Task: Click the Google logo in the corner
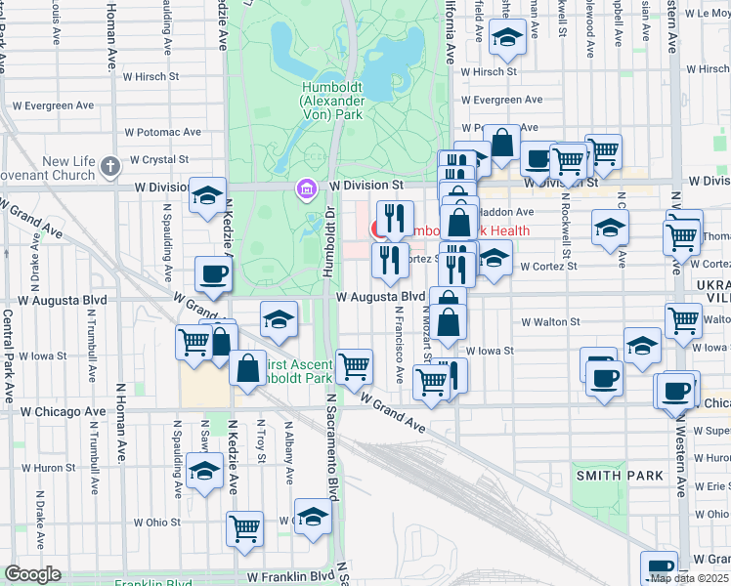pos(32,574)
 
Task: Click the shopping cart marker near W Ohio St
pos(245,527)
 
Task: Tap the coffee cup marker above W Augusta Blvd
pos(213,273)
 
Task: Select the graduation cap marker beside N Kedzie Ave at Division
pos(208,194)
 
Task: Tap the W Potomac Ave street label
pos(163,132)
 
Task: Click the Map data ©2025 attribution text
pos(689,578)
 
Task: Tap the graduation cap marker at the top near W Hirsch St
pos(507,38)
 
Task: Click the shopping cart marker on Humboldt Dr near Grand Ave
pos(354,366)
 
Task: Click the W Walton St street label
pos(550,321)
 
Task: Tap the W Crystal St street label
pos(157,159)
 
